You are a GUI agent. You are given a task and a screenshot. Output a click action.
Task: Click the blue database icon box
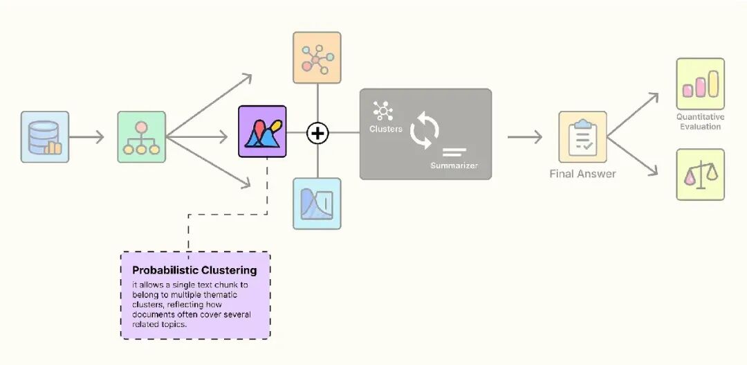tap(45, 137)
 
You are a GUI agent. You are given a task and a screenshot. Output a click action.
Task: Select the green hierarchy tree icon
tap(142, 137)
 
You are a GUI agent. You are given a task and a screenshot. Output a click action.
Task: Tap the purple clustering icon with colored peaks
tap(262, 131)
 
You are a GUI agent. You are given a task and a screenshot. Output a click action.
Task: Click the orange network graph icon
tap(317, 57)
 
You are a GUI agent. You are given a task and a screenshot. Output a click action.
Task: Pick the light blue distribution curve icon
tap(317, 204)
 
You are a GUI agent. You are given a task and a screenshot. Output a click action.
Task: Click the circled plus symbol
tap(317, 133)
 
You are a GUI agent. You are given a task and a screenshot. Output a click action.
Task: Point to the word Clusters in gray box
tap(385, 129)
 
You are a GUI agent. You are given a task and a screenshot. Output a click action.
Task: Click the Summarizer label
tap(454, 166)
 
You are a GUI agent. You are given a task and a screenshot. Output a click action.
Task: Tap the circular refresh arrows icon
tap(424, 132)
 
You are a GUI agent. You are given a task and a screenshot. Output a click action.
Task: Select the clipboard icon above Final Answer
tap(582, 137)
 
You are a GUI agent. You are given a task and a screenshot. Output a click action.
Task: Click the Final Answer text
tap(582, 173)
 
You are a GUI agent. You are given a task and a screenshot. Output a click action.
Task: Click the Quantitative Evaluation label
tap(700, 122)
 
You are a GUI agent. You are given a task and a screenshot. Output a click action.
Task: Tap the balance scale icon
tap(700, 175)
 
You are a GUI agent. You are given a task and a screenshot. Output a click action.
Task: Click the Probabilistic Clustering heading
tap(194, 270)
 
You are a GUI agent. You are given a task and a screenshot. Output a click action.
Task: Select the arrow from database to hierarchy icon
tap(86, 137)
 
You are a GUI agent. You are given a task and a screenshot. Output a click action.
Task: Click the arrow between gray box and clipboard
tap(524, 137)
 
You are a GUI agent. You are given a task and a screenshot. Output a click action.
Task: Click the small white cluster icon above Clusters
tap(382, 111)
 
